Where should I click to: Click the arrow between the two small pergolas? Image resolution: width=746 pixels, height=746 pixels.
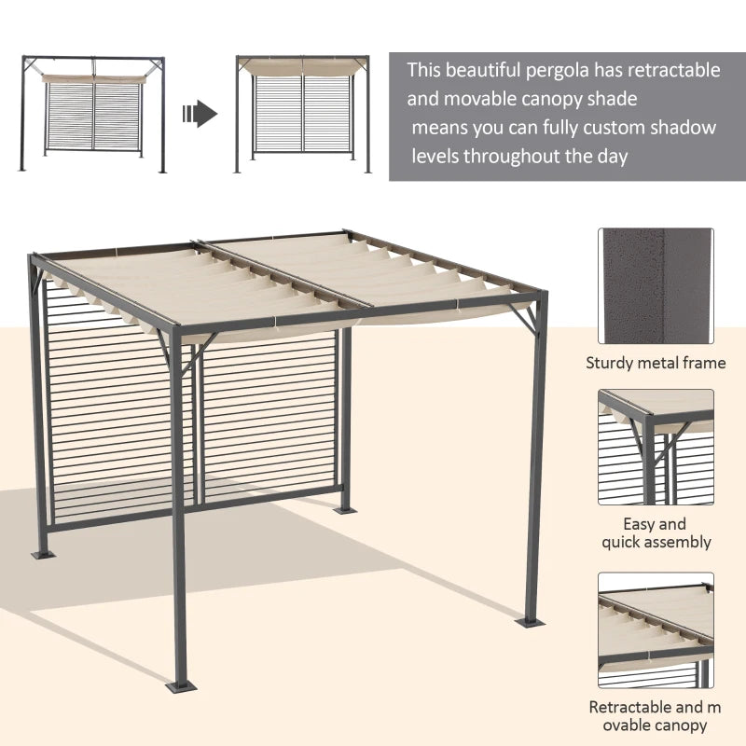point(200,115)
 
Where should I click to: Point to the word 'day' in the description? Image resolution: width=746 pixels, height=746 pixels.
point(612,156)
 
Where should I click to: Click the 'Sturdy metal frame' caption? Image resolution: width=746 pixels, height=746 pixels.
point(656,363)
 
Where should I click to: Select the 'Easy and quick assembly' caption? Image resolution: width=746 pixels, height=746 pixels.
point(656,532)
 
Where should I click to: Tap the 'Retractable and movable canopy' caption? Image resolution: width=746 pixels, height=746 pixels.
point(656,716)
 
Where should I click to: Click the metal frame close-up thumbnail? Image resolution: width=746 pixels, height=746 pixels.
point(656,286)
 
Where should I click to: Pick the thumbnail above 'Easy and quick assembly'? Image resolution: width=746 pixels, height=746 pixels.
point(656,447)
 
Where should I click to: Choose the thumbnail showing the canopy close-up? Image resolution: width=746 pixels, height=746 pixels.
point(656,630)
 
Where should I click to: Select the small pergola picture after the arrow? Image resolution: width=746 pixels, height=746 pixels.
point(303,114)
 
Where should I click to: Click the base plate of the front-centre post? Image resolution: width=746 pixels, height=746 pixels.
point(183,688)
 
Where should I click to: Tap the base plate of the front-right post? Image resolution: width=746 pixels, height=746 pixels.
point(532,620)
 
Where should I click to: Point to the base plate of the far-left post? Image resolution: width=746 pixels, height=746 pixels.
point(42,556)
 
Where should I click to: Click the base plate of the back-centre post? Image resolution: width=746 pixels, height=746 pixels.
point(343,510)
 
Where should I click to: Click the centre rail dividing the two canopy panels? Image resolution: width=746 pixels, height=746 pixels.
point(280,276)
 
